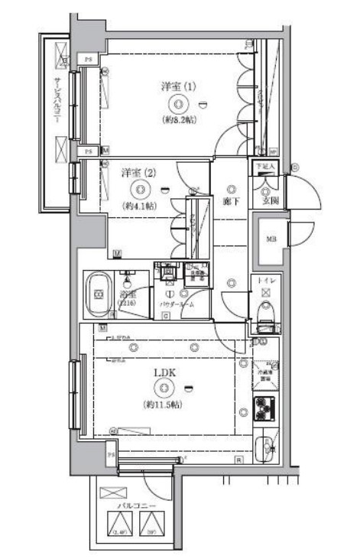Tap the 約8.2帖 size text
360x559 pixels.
coord(178,120)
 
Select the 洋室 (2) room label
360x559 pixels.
coord(139,172)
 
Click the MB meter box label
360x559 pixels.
coord(270,239)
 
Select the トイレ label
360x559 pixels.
coord(266,281)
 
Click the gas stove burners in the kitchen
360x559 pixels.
coord(265,408)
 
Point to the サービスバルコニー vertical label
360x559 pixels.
coord(57,107)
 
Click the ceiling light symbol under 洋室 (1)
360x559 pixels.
coord(178,104)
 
